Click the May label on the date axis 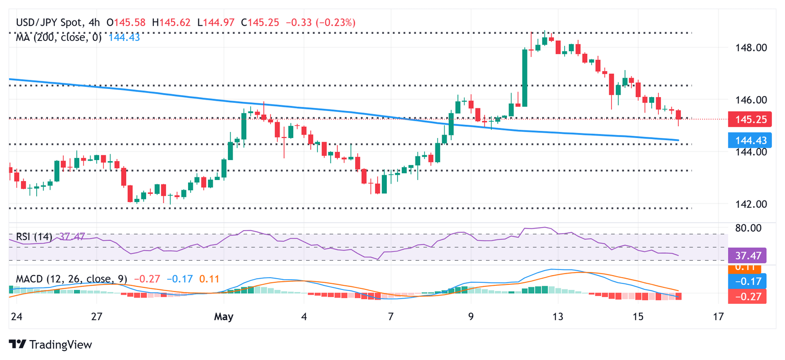pyautogui.click(x=224, y=317)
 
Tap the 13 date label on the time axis pyautogui.click(x=558, y=317)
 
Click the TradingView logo pyautogui.click(x=51, y=345)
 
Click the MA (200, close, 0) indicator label pyautogui.click(x=59, y=37)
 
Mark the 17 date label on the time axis pyautogui.click(x=719, y=317)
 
